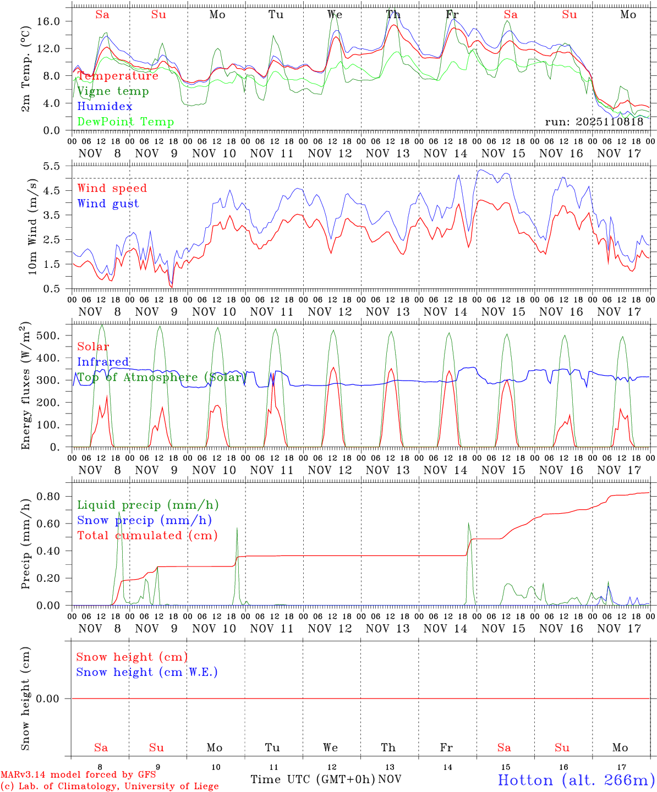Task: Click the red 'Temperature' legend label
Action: pyautogui.click(x=118, y=76)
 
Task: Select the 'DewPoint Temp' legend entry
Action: pyautogui.click(x=125, y=122)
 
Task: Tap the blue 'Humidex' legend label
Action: pyautogui.click(x=105, y=107)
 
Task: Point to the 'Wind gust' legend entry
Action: pyautogui.click(x=108, y=204)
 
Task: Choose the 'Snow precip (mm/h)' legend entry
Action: pyautogui.click(x=144, y=520)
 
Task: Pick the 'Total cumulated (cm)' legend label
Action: pyautogui.click(x=147, y=536)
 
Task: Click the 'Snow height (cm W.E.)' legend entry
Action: pyautogui.click(x=146, y=672)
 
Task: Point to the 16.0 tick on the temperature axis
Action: pyautogui.click(x=54, y=21)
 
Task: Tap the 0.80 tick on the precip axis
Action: pyautogui.click(x=54, y=496)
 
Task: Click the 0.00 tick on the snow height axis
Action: pyautogui.click(x=54, y=698)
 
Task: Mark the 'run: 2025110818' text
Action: pyautogui.click(x=594, y=122)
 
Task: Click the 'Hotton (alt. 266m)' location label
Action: pyautogui.click(x=576, y=780)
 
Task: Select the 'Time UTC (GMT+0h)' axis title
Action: pyautogui.click(x=313, y=779)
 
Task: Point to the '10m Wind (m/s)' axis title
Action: pyautogui.click(x=32, y=227)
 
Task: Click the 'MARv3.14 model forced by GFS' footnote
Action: pyautogui.click(x=78, y=775)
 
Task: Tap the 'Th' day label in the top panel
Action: pyautogui.click(x=393, y=14)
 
